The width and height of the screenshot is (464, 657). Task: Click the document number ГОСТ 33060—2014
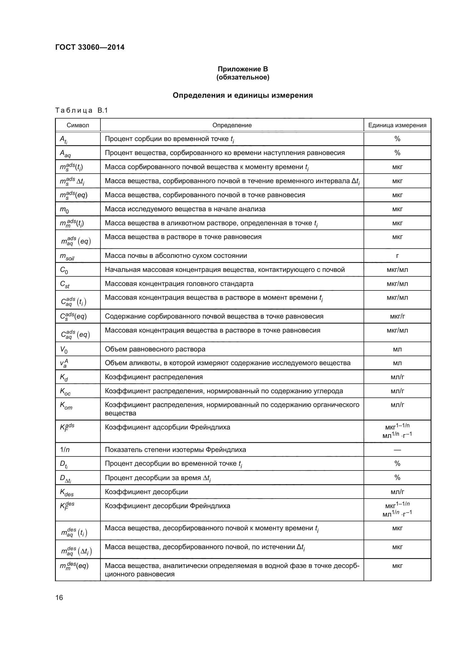pyautogui.click(x=90, y=47)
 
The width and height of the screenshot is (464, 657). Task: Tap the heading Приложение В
pyautogui.click(x=243, y=69)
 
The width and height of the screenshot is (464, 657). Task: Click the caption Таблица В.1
pyautogui.click(x=81, y=110)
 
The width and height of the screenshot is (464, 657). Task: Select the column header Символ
pyautogui.click(x=78, y=125)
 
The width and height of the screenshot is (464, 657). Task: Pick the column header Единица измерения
pyautogui.click(x=397, y=125)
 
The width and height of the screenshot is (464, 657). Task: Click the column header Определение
pyautogui.click(x=232, y=125)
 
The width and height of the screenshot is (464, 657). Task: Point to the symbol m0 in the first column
pyautogui.click(x=64, y=210)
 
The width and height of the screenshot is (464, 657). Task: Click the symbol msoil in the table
pyautogui.click(x=67, y=256)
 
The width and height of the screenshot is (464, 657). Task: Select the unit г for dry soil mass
pyautogui.click(x=397, y=256)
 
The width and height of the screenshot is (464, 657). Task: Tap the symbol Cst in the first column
pyautogui.click(x=65, y=284)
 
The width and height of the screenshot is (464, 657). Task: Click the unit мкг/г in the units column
pyautogui.click(x=397, y=317)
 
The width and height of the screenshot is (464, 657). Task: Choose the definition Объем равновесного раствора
pyautogui.click(x=155, y=349)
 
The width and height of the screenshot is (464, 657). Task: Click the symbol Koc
pyautogui.click(x=65, y=392)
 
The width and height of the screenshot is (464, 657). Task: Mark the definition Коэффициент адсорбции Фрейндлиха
pyautogui.click(x=167, y=428)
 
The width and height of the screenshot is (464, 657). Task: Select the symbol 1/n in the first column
pyautogui.click(x=65, y=450)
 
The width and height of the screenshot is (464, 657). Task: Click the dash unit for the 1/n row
pyautogui.click(x=397, y=450)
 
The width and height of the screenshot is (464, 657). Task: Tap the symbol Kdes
pyautogui.click(x=66, y=492)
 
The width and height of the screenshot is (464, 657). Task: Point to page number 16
pyautogui.click(x=59, y=598)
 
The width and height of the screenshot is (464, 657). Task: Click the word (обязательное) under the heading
pyautogui.click(x=243, y=78)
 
